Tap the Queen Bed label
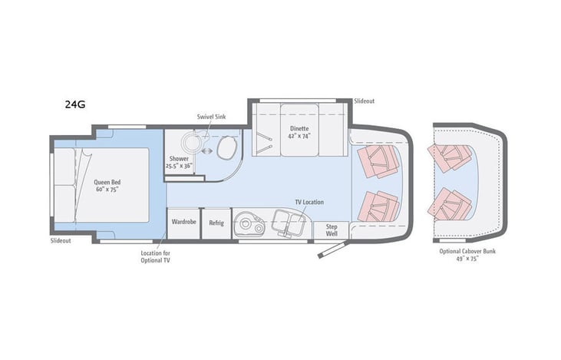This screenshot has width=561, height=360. pyautogui.click(x=107, y=182)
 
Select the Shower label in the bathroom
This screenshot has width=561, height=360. pyautogui.click(x=179, y=158)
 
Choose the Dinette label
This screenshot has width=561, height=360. pyautogui.click(x=299, y=128)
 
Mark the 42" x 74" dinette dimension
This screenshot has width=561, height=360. pyautogui.click(x=299, y=136)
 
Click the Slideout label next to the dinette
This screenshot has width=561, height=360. pyautogui.click(x=365, y=101)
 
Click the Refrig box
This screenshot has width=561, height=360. pyautogui.click(x=216, y=223)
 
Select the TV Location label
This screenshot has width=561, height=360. pyautogui.click(x=309, y=202)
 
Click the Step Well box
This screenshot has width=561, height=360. pyautogui.click(x=332, y=230)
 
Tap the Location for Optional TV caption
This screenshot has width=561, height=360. pyautogui.click(x=156, y=256)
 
